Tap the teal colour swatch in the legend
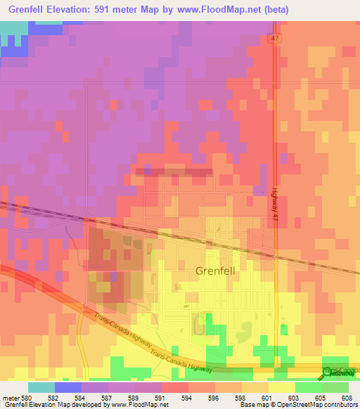click(41, 387)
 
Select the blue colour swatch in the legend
click(67, 387)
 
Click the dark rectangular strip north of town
click(173, 171)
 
